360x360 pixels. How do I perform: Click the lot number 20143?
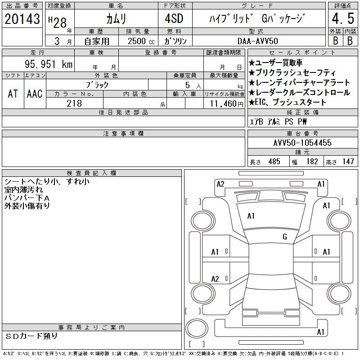[x=22, y=19]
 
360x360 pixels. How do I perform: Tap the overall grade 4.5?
[x=343, y=18]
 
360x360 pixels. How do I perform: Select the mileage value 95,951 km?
[x=49, y=64]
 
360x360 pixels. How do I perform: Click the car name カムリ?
[x=116, y=19]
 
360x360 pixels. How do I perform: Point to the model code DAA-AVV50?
[x=257, y=41]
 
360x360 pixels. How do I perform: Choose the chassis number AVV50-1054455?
[x=302, y=143]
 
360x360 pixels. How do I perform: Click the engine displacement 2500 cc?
[x=141, y=41]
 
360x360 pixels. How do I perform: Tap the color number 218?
[x=74, y=103]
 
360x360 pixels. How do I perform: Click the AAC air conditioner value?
[x=35, y=94]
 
